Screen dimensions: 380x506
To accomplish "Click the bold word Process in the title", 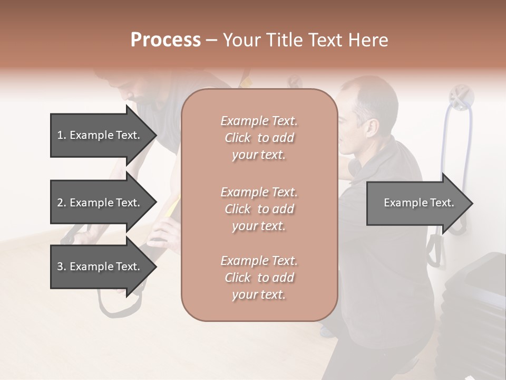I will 166,40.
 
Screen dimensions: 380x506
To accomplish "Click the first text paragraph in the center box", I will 259,138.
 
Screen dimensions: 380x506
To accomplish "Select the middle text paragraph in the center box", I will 259,209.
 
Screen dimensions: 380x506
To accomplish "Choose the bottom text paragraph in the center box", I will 259,278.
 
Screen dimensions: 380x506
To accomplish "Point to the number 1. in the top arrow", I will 62,135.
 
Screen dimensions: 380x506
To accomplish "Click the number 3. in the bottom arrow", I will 62,267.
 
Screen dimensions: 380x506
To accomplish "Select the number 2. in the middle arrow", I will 62,203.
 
